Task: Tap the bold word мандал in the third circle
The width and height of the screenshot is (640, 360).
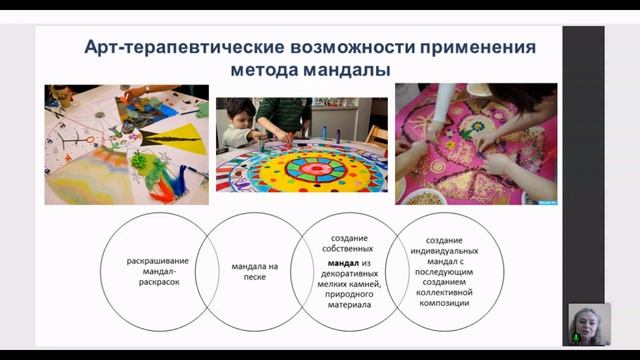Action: [335, 263]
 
